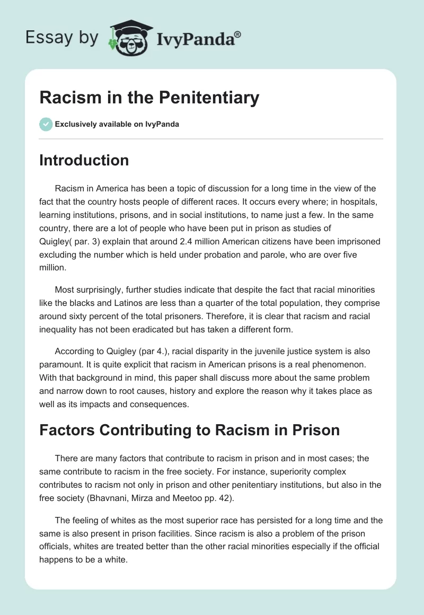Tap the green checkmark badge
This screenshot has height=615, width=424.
click(46, 124)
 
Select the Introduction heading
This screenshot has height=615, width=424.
click(84, 160)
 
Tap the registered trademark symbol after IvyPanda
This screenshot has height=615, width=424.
click(237, 34)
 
